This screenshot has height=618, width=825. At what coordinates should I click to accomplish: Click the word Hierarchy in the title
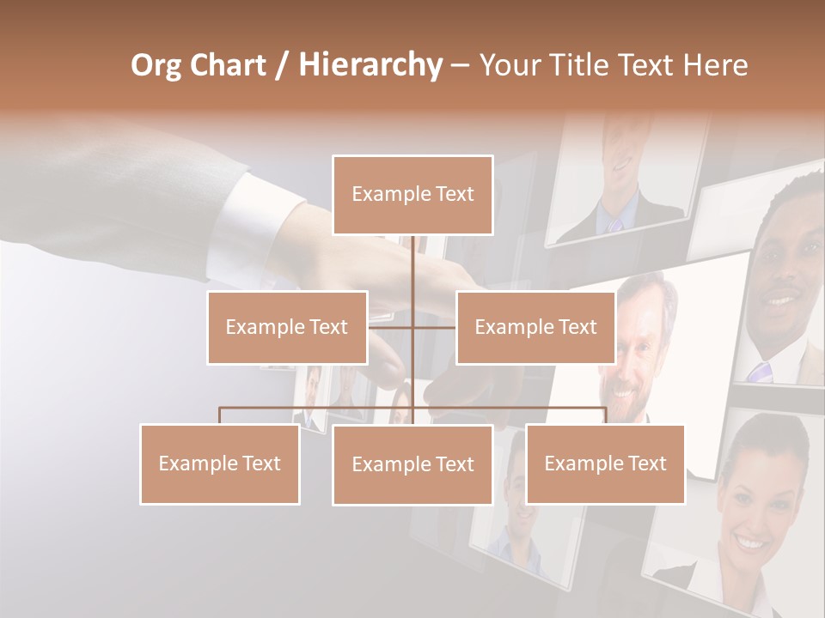(370, 65)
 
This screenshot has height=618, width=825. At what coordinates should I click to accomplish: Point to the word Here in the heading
(715, 65)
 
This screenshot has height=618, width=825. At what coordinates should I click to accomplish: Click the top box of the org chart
(412, 195)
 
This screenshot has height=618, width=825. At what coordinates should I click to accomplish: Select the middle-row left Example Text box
(287, 327)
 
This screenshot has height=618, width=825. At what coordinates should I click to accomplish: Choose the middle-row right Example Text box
(535, 327)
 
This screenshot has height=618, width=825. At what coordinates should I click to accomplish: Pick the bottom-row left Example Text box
(220, 463)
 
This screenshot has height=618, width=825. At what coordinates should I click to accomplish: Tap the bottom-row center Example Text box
(412, 464)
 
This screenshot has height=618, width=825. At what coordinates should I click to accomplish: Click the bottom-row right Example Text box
(605, 463)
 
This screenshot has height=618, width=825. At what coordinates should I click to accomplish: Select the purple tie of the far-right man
(761, 372)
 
